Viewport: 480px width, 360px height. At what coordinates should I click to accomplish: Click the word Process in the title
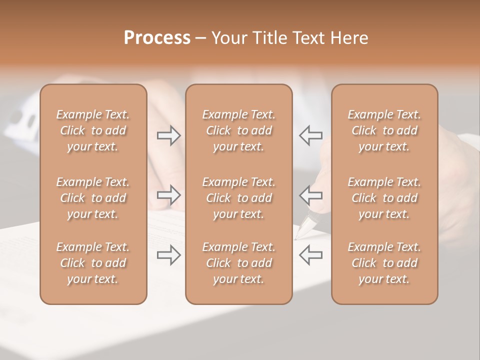[157, 38]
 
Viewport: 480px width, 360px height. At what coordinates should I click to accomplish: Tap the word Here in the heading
[349, 38]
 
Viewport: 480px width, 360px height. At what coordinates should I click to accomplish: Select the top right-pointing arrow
[169, 135]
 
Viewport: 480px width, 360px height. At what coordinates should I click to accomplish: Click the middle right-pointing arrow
[169, 195]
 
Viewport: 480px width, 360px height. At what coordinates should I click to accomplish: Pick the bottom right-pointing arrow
[169, 255]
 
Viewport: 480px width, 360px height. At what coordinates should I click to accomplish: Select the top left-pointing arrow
[310, 135]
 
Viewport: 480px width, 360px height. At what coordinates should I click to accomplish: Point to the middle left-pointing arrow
[310, 195]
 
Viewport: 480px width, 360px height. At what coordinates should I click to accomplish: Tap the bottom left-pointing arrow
[310, 255]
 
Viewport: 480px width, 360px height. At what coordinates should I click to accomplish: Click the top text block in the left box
[93, 130]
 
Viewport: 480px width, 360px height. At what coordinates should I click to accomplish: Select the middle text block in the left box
[93, 198]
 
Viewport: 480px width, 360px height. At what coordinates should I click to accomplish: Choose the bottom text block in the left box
[93, 263]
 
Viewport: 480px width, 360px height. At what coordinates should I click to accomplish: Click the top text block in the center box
[239, 130]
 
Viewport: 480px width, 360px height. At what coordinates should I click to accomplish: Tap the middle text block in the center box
[239, 198]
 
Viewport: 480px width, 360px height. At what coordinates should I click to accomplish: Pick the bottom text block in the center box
[239, 263]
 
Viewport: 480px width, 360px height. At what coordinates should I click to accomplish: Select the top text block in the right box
[384, 130]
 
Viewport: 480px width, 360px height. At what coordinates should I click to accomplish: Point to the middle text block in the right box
[384, 198]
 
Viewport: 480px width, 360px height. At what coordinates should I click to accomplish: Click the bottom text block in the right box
[384, 263]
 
